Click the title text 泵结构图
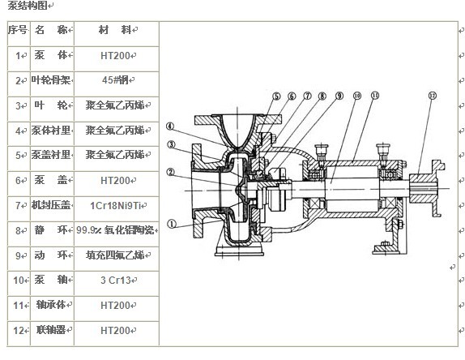[x=24, y=6]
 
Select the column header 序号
[x=17, y=30]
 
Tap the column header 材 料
[x=117, y=30]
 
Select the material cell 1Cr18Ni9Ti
[x=117, y=205]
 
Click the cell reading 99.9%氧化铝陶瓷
[x=117, y=230]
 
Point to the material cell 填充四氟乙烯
[x=117, y=255]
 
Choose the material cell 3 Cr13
[x=117, y=281]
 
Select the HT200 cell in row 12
[x=117, y=331]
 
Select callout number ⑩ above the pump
[x=356, y=96]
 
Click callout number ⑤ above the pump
[x=276, y=96]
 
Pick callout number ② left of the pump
[x=172, y=171]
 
